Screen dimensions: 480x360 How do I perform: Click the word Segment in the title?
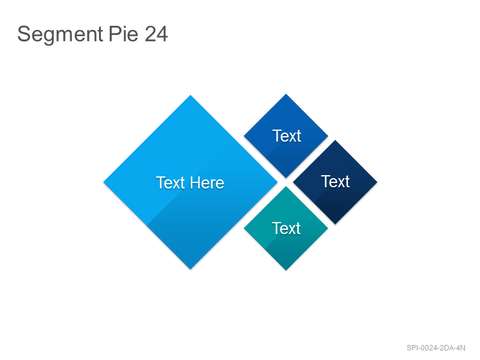(60, 34)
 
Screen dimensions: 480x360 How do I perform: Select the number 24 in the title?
(156, 34)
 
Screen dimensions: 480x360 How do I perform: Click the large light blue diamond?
(190, 182)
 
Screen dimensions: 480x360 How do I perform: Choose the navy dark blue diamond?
(335, 182)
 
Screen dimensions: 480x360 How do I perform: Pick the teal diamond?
(286, 229)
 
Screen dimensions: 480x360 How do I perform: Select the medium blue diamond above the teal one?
(286, 136)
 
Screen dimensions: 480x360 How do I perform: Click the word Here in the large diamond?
(207, 183)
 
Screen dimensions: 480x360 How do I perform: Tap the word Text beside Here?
(170, 183)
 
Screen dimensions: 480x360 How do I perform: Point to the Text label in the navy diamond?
(335, 182)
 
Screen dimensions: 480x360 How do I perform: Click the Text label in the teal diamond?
(286, 229)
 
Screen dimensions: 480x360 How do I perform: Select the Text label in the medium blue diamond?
(287, 136)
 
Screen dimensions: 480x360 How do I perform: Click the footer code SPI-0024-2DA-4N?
(436, 348)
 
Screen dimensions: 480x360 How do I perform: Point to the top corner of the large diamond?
(190, 95)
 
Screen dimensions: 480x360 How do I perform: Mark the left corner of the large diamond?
(103, 182)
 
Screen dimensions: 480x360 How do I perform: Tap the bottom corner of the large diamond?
(190, 269)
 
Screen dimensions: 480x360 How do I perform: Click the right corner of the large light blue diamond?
(278, 182)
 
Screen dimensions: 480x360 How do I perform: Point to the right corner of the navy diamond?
(377, 182)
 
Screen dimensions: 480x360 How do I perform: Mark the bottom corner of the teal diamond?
(286, 271)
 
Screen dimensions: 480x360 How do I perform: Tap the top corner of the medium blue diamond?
(286, 94)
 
